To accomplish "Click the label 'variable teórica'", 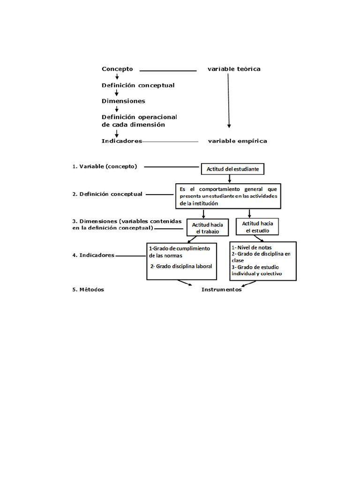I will (234, 69).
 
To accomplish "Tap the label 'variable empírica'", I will (237, 141).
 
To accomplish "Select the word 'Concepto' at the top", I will (117, 69).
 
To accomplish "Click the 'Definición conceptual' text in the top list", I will (138, 85).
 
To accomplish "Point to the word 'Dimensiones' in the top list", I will (123, 101).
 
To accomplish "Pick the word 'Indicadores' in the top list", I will (122, 141).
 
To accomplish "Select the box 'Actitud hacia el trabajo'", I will (207, 228).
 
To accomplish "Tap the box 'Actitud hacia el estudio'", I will (257, 227).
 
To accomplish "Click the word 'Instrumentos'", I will (221, 290).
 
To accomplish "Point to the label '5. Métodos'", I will (88, 290).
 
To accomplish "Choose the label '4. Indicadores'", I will (93, 255).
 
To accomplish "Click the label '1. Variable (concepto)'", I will (105, 166).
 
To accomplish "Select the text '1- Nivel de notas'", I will (252, 247).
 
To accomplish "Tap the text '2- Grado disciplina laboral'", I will (181, 266).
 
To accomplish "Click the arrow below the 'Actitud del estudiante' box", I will (229, 179).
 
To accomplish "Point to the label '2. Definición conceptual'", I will (107, 194).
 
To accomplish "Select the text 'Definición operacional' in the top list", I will (139, 117).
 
